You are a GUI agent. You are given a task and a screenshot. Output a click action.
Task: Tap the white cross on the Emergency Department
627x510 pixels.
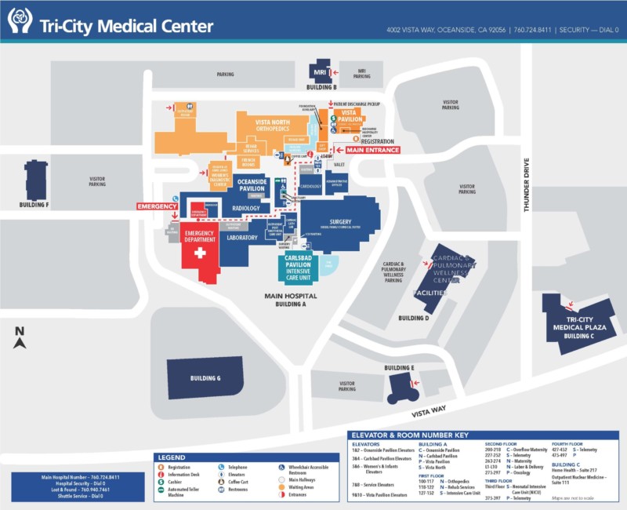pos(200,253)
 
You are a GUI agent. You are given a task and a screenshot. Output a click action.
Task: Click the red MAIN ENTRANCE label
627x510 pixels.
pos(373,150)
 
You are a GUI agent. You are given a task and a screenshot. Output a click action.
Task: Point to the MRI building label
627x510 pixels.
pos(320,73)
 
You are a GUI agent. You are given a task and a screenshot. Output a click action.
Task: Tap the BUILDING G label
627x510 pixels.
pos(205,378)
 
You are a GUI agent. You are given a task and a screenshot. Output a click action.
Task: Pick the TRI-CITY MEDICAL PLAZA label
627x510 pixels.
pos(580,322)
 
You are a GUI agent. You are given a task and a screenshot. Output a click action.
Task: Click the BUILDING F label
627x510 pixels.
pos(34,205)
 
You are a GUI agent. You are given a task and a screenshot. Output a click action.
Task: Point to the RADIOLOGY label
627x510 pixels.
pos(246,208)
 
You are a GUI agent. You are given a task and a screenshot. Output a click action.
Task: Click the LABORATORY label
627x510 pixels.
pos(242,237)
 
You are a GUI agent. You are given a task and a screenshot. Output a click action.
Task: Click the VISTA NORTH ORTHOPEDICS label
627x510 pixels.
pos(285,126)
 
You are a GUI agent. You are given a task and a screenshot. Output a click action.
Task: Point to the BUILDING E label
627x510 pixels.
pos(399,367)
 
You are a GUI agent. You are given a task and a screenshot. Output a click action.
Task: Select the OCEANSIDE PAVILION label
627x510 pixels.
pos(252,184)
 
